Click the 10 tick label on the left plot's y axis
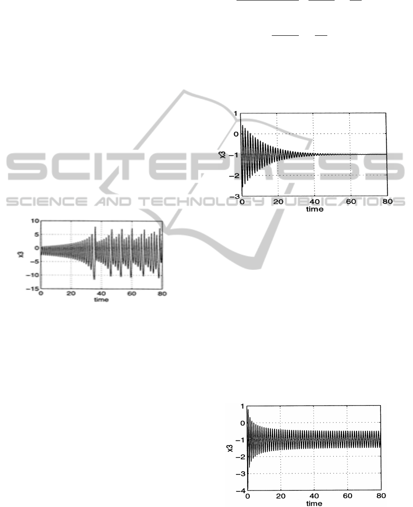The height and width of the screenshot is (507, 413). (35, 221)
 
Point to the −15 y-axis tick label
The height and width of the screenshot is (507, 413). (33, 289)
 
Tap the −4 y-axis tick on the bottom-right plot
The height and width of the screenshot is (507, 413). (241, 490)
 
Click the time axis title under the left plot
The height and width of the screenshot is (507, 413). (101, 300)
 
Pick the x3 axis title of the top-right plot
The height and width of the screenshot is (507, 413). (222, 155)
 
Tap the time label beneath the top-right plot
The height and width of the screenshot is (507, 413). (314, 209)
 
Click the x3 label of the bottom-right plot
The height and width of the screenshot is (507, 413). (230, 448)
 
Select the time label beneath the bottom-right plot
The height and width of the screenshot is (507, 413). (314, 503)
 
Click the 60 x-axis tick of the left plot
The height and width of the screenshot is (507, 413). (132, 294)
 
